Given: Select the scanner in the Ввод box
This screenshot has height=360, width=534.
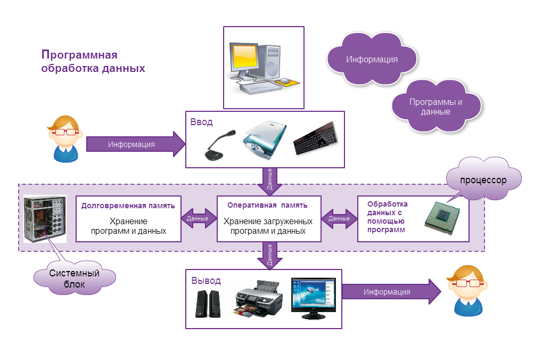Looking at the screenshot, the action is tap(265, 140).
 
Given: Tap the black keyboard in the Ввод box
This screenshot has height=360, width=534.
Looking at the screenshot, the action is tap(316, 138).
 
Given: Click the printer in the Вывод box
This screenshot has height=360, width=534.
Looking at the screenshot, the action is tap(259, 299).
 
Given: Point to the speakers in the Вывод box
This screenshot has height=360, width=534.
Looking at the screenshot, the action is tap(208, 304).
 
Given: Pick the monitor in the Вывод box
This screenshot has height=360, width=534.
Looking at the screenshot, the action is tap(314, 298).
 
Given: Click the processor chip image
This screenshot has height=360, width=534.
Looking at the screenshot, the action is tap(442, 218).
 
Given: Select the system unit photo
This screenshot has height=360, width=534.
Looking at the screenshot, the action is tap(45, 219).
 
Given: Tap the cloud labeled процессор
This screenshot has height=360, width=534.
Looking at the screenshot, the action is tap(483, 179).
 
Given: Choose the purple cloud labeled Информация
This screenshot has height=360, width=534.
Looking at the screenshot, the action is tap(372, 59).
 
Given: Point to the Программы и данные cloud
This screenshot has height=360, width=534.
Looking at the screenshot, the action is tap(436, 107).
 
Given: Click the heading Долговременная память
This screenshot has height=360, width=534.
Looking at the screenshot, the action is tap(128, 206).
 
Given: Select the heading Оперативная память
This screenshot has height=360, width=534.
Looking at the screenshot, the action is tap(267, 206).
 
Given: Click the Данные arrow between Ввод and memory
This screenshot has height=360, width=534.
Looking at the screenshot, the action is tap(270, 182).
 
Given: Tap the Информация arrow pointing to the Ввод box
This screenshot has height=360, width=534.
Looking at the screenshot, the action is tap(136, 144).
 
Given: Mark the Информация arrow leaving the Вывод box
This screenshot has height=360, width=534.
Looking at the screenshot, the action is tap(391, 291).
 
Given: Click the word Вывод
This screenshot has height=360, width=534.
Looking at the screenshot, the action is tap(206, 281).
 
